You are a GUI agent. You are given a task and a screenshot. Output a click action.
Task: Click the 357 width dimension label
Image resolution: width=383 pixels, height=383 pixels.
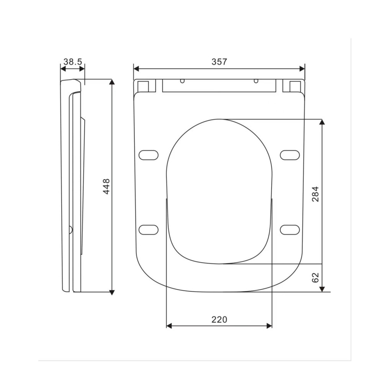coord(219,62)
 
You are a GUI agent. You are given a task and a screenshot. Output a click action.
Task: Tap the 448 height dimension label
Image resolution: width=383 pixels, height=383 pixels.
coord(106,187)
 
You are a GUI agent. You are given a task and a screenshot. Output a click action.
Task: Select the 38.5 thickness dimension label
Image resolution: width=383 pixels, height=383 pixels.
coord(73,62)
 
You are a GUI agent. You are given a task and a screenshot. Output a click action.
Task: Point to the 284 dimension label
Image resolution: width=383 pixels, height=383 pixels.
coord(315,194)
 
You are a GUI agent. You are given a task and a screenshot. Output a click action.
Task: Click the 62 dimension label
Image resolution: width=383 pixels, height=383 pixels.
coord(315,277)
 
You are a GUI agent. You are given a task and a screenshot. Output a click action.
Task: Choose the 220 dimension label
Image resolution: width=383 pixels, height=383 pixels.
coord(219,319)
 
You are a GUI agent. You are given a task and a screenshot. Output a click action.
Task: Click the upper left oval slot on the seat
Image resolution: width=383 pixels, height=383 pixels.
coord(149,155)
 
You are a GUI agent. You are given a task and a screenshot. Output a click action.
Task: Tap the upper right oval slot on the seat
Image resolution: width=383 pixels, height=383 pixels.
coord(290,155)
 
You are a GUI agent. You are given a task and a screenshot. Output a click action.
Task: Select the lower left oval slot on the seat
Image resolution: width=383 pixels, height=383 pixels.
coord(149,229)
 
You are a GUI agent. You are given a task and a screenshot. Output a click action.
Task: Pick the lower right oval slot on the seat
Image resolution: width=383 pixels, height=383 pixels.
coord(290,229)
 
